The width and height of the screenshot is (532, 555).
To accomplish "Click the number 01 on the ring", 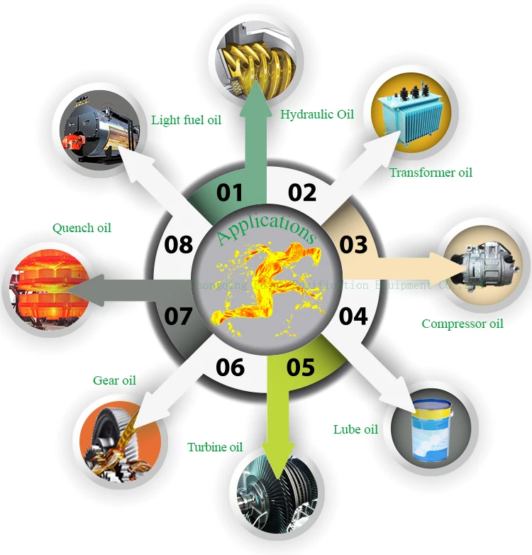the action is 230,192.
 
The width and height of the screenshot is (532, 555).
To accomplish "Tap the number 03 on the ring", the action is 353,244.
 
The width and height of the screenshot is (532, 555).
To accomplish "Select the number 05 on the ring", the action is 300,367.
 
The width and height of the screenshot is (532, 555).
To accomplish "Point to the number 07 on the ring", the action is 178,315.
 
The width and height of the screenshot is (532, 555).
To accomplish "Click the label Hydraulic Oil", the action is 316,114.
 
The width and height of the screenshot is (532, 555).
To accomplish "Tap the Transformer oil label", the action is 430,172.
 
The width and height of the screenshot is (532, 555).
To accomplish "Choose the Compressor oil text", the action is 462,324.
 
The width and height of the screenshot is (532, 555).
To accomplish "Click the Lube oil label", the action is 355,429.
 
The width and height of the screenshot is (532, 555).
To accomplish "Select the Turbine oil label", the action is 215,447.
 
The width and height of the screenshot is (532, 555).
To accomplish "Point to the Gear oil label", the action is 114,380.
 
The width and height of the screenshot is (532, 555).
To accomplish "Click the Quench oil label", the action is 82,228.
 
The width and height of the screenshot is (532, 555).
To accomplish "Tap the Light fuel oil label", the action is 186,120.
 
